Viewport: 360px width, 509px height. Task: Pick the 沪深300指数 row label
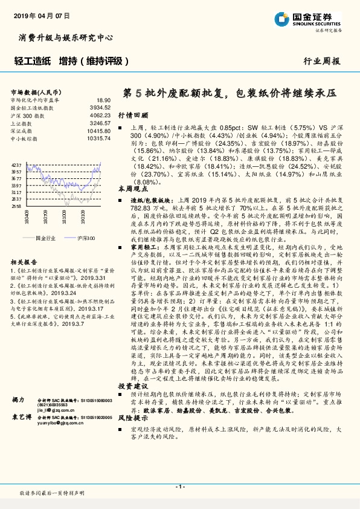[x=28, y=114]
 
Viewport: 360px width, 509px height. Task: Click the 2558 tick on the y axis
[x=17, y=206]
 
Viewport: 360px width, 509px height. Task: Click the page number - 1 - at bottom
[x=179, y=486]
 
